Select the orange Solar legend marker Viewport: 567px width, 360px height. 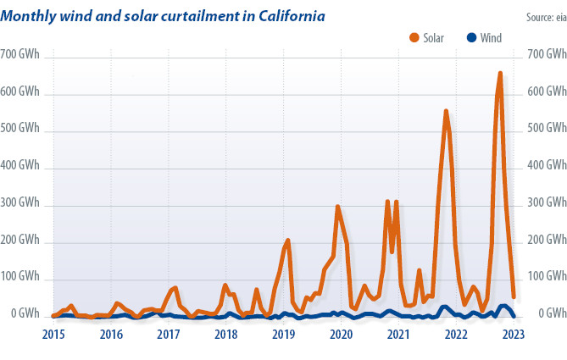[414, 37]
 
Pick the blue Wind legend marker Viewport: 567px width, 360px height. [472, 37]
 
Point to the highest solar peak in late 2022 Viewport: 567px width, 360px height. [500, 74]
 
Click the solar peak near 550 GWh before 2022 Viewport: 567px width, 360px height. [446, 111]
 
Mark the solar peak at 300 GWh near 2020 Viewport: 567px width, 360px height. [338, 206]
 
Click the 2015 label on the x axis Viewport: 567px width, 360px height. [53, 334]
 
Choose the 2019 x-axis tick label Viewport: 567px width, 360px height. [283, 334]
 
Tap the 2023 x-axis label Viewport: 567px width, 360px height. [514, 334]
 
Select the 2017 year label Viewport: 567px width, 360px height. [168, 334]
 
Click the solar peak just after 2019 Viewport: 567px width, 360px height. [288, 241]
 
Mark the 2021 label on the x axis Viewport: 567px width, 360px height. [398, 334]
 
